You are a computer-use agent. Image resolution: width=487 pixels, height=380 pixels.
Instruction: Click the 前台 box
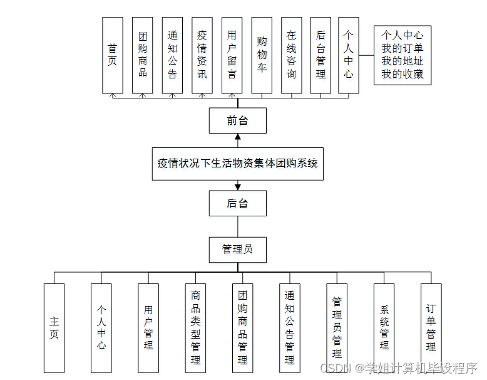238,120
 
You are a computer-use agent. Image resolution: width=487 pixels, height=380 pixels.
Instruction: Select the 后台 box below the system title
238,203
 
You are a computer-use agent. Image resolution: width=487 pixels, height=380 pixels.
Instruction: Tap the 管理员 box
238,250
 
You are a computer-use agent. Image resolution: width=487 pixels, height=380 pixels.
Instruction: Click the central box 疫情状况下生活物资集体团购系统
238,164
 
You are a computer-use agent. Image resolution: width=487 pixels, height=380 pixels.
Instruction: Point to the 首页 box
113,55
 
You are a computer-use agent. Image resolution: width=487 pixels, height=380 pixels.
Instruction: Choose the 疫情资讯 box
202,55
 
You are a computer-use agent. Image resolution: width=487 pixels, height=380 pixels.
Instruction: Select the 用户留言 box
232,55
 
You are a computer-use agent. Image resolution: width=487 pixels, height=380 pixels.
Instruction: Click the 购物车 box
262,55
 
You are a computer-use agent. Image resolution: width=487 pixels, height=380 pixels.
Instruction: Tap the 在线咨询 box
291,55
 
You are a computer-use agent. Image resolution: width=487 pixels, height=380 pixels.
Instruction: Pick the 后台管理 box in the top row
320,55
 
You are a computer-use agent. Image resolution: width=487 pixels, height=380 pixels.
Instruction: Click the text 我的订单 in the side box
402,48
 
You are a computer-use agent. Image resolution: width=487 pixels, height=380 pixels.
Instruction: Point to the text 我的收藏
402,74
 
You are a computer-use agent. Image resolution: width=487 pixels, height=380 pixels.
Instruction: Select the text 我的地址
402,61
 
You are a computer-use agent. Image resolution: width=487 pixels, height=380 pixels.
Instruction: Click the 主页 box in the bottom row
54,328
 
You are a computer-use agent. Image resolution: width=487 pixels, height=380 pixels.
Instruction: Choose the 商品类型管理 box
195,328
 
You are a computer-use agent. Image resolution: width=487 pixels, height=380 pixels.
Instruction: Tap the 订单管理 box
431,328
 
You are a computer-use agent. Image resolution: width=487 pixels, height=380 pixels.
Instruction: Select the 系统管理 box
384,328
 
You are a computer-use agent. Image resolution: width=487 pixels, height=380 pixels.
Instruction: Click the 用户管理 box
148,328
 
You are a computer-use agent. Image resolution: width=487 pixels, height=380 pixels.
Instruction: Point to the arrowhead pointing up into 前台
238,137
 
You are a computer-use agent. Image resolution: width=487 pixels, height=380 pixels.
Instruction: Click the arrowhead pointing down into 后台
238,187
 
